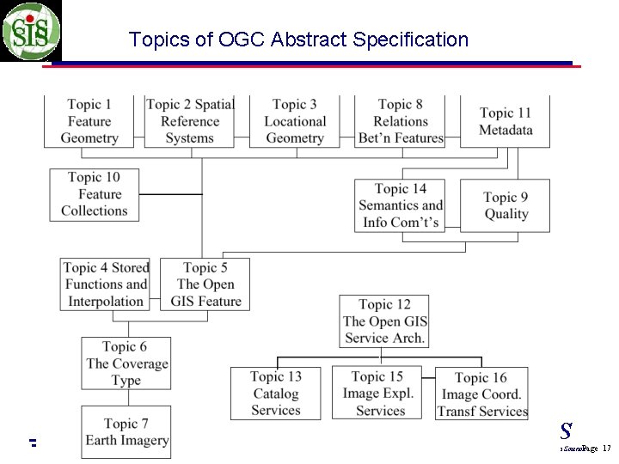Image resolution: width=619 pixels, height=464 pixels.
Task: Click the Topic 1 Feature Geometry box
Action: click(89, 121)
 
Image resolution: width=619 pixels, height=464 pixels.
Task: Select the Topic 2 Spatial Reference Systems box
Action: click(189, 121)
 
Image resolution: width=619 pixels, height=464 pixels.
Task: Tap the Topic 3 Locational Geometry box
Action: click(295, 121)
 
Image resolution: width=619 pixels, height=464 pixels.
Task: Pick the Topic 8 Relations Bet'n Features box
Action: click(401, 121)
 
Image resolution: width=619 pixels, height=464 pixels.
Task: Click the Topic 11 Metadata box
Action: click(506, 121)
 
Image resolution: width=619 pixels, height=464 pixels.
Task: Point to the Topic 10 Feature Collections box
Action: click(94, 194)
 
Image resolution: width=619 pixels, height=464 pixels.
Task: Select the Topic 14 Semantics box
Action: click(401, 205)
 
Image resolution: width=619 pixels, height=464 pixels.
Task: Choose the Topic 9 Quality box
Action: click(506, 205)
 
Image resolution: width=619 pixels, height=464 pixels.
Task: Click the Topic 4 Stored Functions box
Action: click(106, 284)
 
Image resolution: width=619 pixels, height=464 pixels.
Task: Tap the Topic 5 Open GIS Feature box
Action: click(205, 284)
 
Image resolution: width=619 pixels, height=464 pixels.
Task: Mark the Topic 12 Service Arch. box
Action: click(384, 321)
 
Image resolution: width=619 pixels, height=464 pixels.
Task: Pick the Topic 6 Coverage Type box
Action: click(126, 363)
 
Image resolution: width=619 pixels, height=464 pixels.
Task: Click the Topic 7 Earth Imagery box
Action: click(126, 432)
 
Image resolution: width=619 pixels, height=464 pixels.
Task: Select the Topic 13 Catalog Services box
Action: click(275, 394)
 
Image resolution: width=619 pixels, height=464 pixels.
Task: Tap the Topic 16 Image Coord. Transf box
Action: click(481, 394)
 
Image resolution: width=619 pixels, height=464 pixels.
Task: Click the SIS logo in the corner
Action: click(31, 31)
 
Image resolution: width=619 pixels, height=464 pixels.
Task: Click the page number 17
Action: click(606, 449)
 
